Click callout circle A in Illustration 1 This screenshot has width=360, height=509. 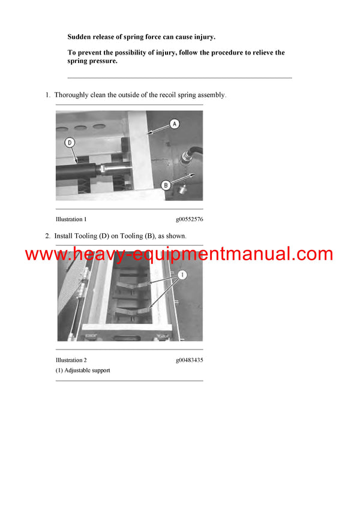(174, 124)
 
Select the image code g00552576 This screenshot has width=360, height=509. (189, 219)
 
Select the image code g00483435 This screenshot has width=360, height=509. (189, 360)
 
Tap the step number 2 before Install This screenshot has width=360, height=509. (47, 236)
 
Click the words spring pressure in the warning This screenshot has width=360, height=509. (92, 61)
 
